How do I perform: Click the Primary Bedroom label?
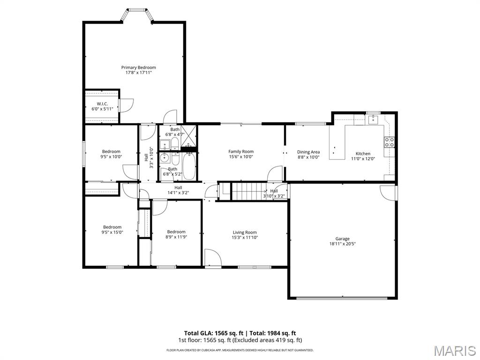138,67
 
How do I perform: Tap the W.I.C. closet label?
102,104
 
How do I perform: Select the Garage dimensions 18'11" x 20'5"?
342,244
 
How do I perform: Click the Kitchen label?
363,154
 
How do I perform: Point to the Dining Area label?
308,152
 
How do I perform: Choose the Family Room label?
241,151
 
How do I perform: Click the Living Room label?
245,232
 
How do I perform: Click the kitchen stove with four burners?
390,142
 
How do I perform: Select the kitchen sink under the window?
373,120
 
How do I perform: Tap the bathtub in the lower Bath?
188,167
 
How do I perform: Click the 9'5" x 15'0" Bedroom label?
112,227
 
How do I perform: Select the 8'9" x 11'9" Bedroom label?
176,232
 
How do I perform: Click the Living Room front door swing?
212,257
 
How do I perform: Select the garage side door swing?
388,192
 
